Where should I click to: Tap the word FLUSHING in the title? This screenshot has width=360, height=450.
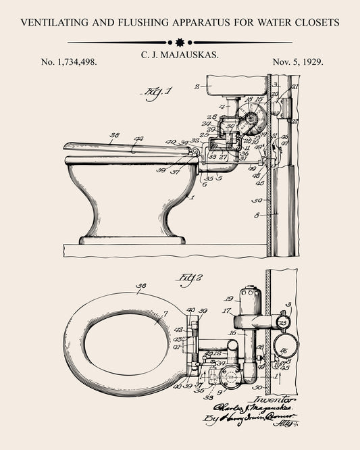tap(140, 22)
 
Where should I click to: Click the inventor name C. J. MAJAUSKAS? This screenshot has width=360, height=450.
tap(180, 53)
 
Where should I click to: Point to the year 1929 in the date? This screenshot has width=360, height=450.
tap(313, 61)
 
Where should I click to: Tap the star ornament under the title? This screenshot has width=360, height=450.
tap(180, 43)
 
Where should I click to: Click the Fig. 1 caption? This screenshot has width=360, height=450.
tap(157, 93)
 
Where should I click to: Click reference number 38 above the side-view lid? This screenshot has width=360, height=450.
tap(114, 135)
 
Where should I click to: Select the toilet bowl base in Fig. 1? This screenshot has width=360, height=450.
tap(132, 239)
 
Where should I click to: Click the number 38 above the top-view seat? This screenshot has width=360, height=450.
tap(141, 286)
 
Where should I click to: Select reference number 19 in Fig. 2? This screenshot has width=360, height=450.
tap(228, 298)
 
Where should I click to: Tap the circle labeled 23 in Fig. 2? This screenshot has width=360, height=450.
tap(282, 322)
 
